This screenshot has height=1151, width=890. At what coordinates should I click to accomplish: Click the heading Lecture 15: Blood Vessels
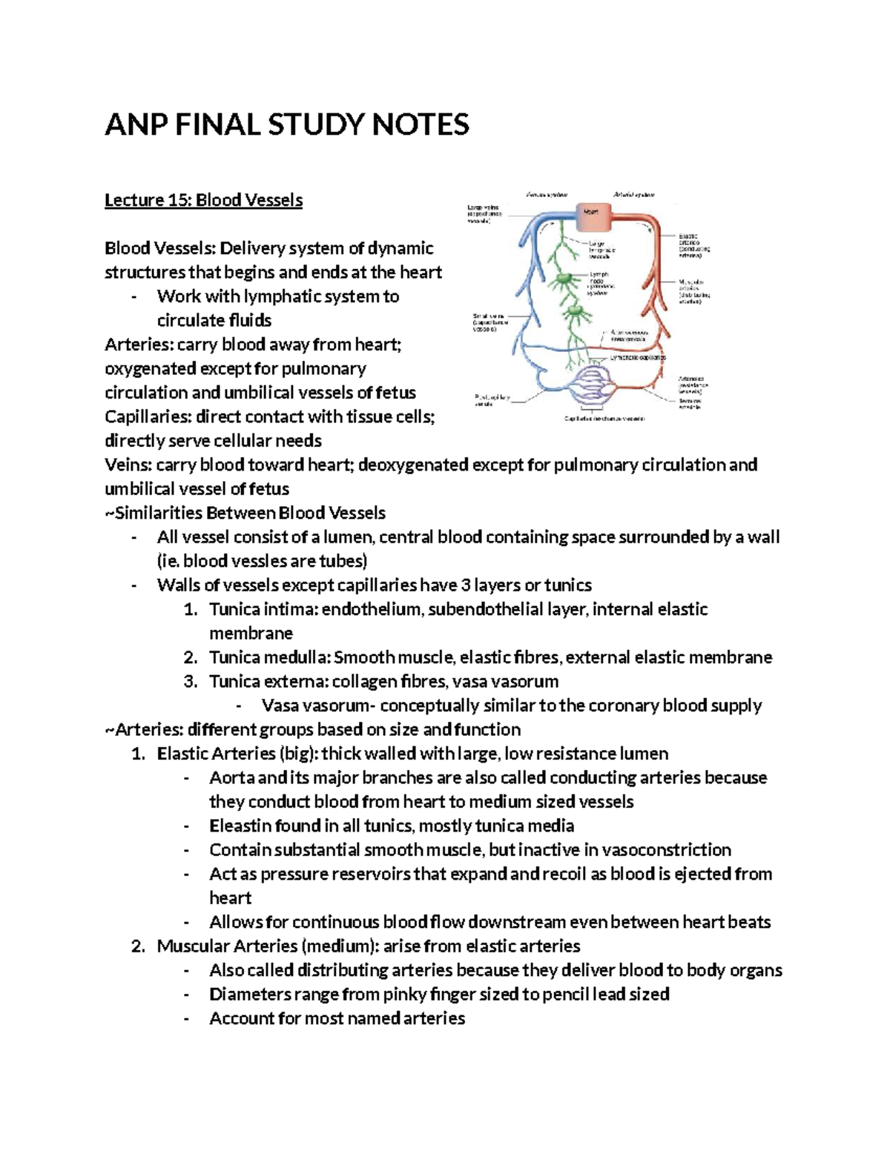coord(203,200)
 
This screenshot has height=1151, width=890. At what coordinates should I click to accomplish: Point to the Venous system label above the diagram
coord(547,194)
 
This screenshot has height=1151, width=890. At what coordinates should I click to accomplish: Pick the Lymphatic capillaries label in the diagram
coord(637,356)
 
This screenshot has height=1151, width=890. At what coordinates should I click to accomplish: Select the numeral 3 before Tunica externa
coord(190,681)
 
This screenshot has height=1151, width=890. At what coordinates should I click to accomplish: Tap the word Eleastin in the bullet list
coord(240,826)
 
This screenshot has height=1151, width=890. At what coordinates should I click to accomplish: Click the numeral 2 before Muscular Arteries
coord(137,946)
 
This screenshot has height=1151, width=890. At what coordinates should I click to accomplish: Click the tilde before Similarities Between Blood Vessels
coord(109,513)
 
